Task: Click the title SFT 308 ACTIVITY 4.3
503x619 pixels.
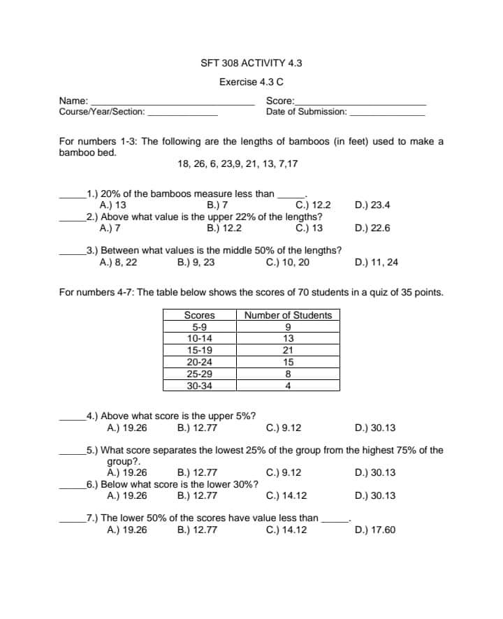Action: [251, 63]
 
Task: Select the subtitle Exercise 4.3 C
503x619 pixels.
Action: [251, 82]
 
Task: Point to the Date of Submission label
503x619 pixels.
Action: [306, 112]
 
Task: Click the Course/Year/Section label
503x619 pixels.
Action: [102, 112]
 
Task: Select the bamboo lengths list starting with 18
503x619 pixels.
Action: [238, 164]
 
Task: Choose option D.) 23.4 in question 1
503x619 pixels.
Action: [372, 205]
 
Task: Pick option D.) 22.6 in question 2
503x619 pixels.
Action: [372, 228]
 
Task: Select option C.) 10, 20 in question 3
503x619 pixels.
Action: [288, 263]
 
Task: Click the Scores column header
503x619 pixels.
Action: [199, 315]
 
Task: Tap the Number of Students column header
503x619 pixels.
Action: [288, 315]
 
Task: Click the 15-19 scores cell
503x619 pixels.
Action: [199, 350]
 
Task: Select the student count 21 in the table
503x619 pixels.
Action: [288, 350]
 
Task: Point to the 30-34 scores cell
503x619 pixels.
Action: [199, 385]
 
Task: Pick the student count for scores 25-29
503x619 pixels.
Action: [288, 374]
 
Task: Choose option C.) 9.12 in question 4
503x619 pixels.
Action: [284, 428]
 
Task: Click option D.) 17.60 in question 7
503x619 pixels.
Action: [374, 530]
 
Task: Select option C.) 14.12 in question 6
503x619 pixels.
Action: [286, 496]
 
